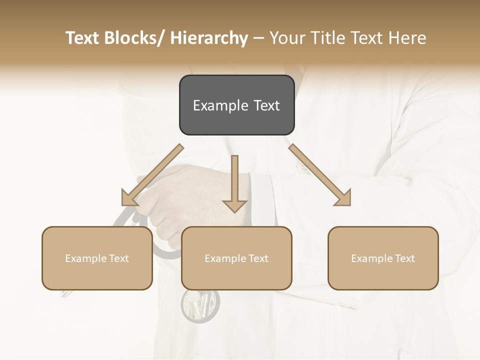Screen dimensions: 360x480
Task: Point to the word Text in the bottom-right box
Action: point(404,258)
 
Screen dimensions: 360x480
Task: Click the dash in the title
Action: point(258,38)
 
